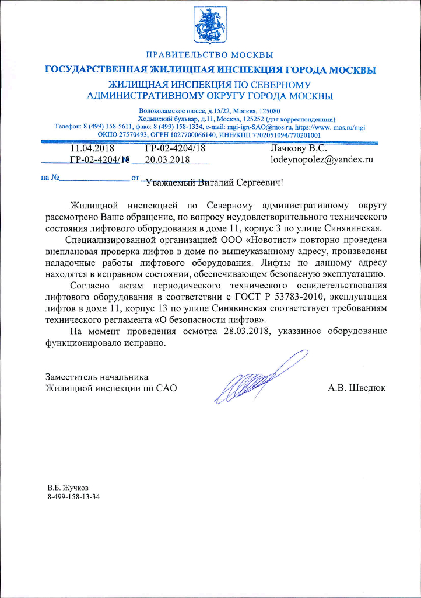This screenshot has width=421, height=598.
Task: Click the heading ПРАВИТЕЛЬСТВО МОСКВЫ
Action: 210,55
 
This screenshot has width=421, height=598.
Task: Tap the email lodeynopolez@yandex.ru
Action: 321,158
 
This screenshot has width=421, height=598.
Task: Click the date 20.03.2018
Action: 168,158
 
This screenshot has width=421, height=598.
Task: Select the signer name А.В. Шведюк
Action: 357,387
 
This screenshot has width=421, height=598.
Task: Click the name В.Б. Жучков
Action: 68,487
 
